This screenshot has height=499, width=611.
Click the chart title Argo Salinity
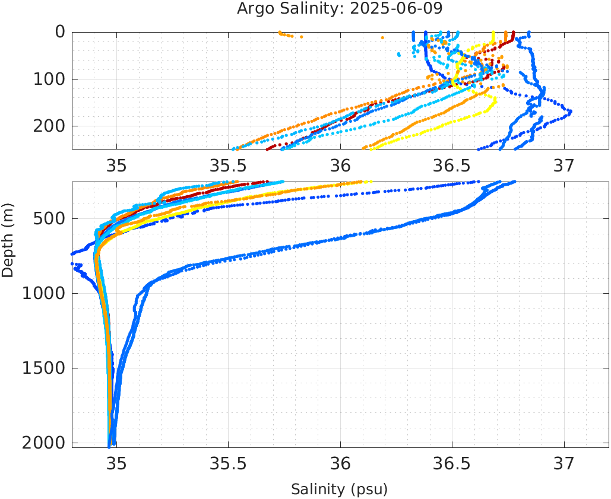click(x=302, y=9)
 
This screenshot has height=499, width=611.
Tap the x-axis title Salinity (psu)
click(x=339, y=490)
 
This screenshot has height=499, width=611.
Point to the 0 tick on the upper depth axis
click(x=61, y=32)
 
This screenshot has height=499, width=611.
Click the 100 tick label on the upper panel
click(x=48, y=79)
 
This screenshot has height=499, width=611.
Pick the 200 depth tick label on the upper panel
click(x=48, y=126)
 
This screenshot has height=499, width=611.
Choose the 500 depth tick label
click(x=48, y=218)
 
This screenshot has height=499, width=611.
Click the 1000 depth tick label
click(x=42, y=293)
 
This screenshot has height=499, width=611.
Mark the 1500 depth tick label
click(x=42, y=368)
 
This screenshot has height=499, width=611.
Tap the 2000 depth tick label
click(x=42, y=443)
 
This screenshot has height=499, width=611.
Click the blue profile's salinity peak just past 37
click(x=570, y=111)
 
